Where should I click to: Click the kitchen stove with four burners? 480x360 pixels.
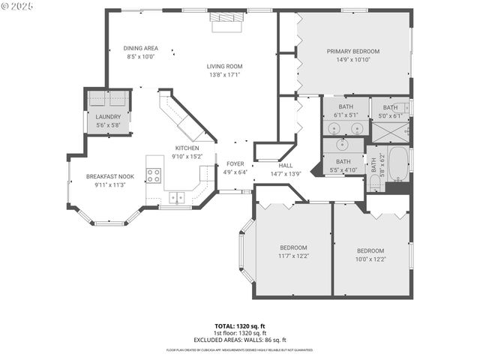(154, 175)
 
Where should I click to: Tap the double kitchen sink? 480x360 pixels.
(178, 198)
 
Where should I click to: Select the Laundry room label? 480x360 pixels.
(108, 117)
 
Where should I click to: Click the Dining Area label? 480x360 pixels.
(140, 48)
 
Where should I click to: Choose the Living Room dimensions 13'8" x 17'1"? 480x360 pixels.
(225, 75)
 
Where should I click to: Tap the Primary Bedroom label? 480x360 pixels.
(352, 51)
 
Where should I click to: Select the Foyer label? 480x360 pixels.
(235, 163)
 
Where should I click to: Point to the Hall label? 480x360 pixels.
(285, 165)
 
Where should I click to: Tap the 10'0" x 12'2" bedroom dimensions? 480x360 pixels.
(370, 259)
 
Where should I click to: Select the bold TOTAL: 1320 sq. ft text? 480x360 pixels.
(240, 326)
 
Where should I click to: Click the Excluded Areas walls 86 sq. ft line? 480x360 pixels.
(240, 340)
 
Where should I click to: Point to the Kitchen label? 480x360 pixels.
(187, 148)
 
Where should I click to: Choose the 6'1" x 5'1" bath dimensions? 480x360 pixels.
(346, 115)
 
